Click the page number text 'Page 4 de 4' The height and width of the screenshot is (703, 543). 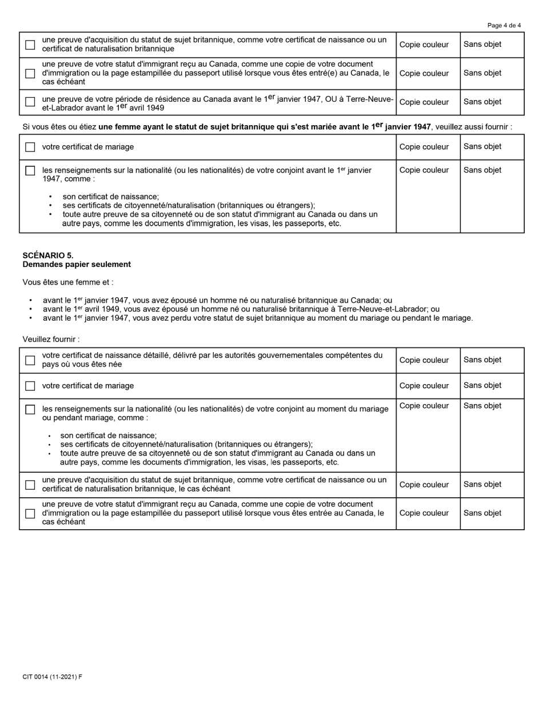coord(504,25)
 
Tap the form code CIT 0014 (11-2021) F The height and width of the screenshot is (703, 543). coord(52,677)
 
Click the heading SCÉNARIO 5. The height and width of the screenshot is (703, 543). coord(48,255)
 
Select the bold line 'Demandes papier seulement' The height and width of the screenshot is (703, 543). coord(77,265)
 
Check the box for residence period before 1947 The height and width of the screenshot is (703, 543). coord(30,102)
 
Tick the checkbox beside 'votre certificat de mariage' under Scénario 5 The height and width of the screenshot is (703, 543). coord(30,386)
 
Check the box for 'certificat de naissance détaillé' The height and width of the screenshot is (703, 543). coord(30,360)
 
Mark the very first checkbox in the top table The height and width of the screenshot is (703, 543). coord(30,45)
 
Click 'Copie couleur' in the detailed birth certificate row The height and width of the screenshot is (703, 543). coord(424,360)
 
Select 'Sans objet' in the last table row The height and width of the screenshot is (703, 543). coord(482,513)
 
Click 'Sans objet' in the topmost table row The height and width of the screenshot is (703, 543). coord(482,44)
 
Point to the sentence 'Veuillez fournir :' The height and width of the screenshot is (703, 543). coord(51,339)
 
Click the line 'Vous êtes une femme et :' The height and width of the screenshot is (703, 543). coord(68,282)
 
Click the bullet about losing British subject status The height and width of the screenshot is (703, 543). coord(257,318)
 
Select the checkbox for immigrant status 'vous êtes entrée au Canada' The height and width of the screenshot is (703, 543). coord(30,513)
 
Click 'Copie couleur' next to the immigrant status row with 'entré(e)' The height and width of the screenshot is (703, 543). coord(424,73)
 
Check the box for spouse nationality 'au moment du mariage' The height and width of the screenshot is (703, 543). coord(30,409)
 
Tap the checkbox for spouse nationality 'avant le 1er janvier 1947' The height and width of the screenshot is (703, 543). coord(30,170)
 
